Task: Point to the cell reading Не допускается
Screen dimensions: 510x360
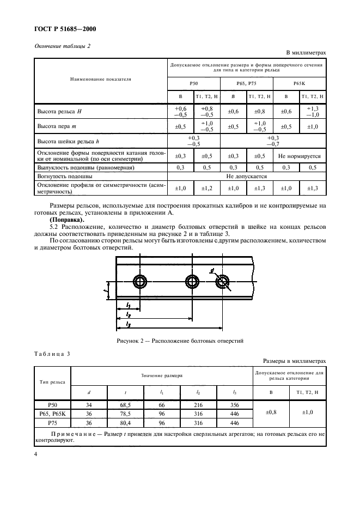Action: (x=247, y=177)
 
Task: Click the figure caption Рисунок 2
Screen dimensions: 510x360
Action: (x=179, y=341)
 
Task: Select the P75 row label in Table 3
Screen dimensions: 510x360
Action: (x=52, y=422)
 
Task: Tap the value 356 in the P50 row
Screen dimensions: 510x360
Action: (x=235, y=405)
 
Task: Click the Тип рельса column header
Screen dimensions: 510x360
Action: (x=52, y=383)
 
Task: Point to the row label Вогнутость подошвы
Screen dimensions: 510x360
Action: (x=64, y=177)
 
